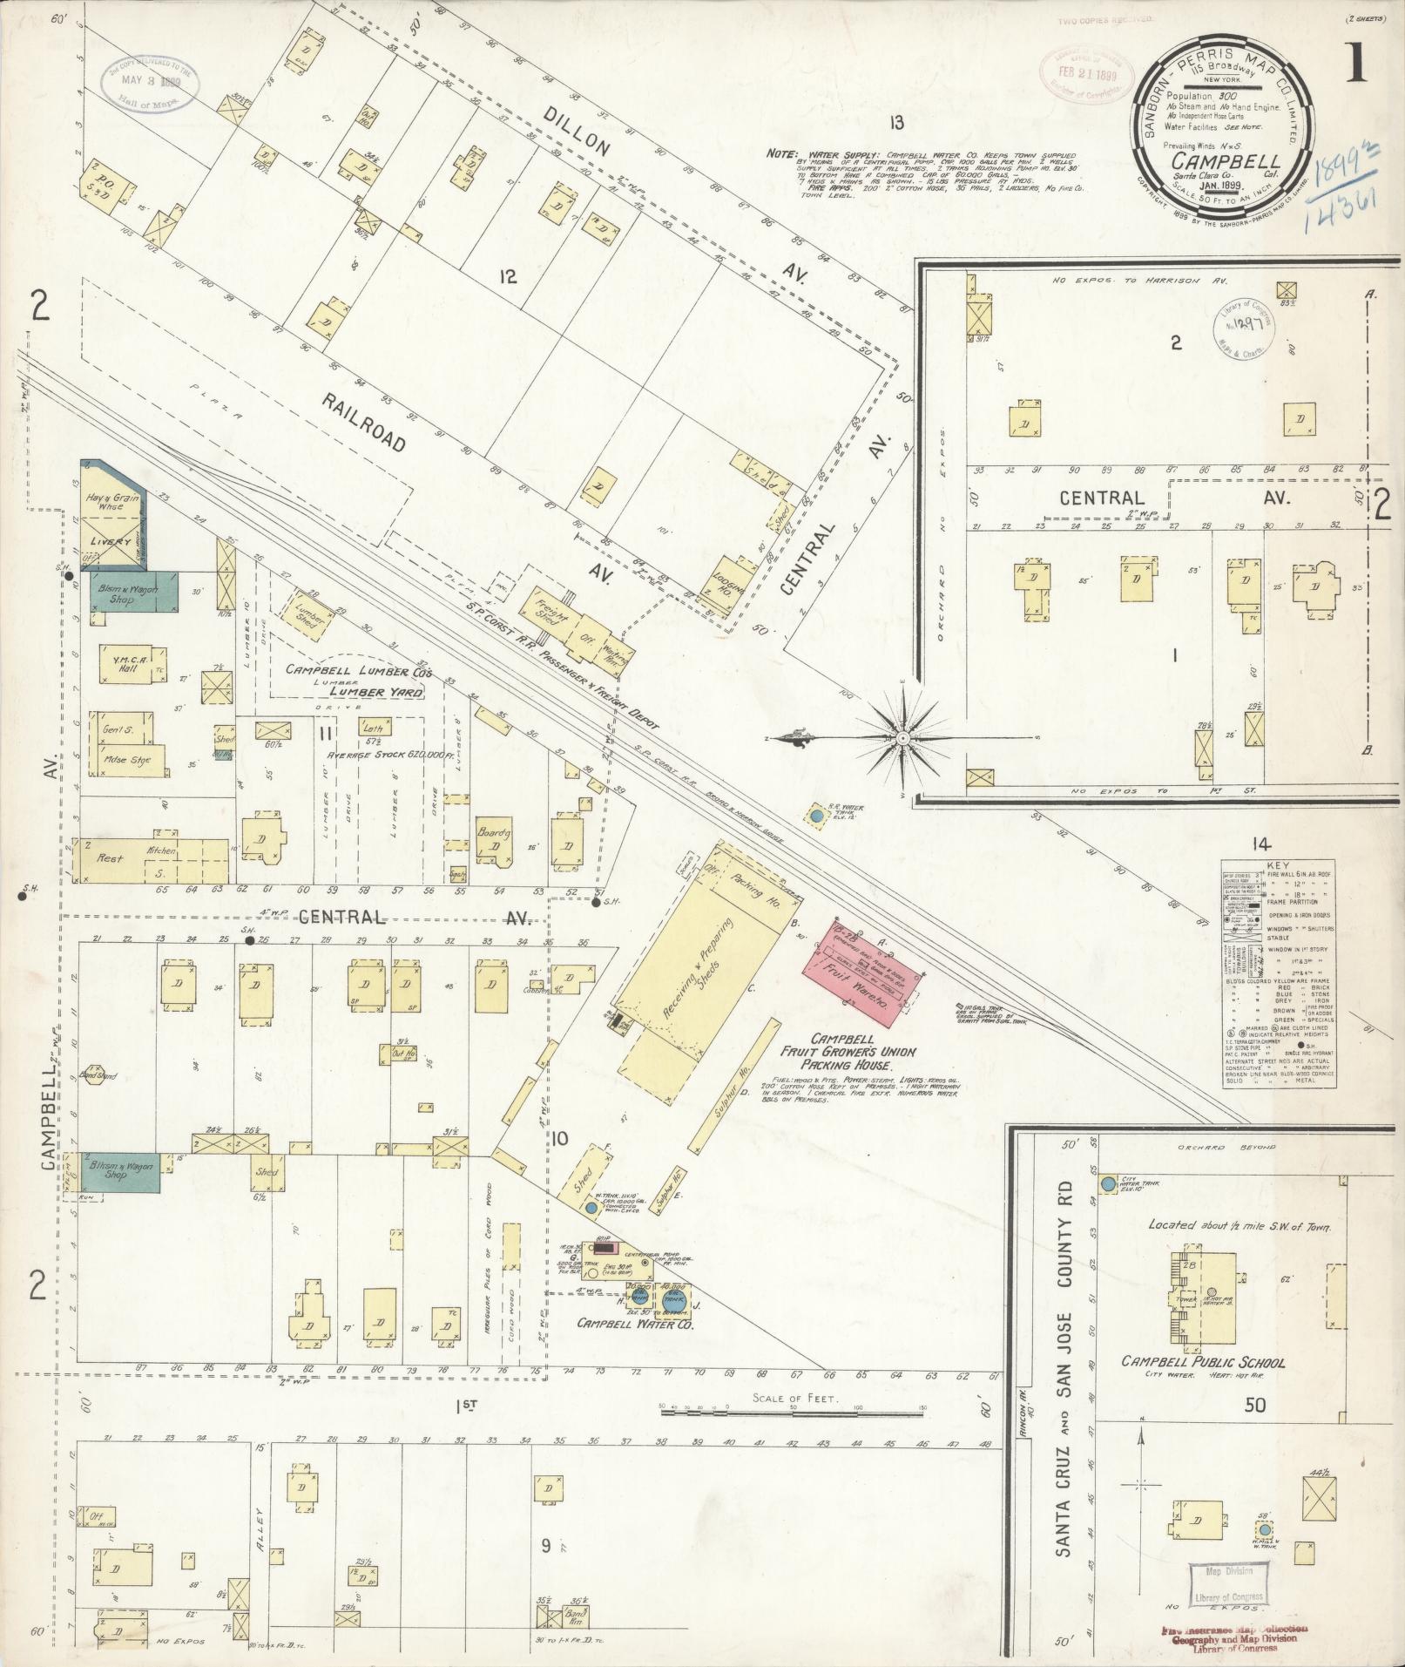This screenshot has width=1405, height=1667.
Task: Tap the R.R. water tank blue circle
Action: (816, 817)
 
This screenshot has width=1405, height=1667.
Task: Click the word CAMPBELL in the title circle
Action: (1225, 161)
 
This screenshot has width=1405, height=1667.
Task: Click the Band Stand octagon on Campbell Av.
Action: (93, 1075)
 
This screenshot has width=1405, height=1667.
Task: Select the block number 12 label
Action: (508, 277)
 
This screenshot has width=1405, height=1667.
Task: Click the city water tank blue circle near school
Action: (1107, 1184)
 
